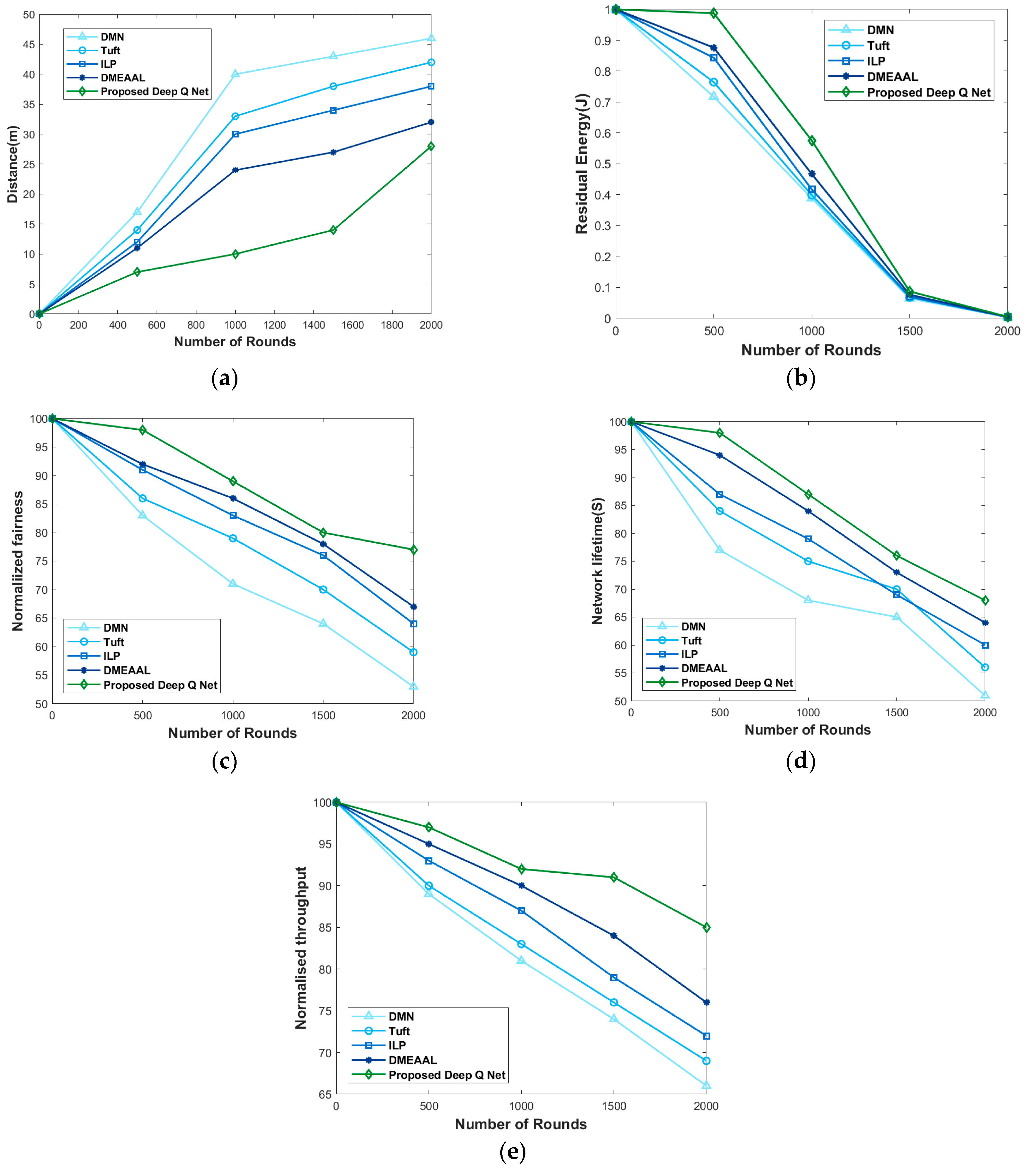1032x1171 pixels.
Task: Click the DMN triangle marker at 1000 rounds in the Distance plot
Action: [235, 74]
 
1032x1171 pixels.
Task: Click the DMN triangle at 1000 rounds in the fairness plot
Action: [233, 583]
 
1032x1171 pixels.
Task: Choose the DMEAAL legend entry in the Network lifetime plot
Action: [704, 668]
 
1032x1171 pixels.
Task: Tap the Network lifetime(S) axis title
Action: [598, 561]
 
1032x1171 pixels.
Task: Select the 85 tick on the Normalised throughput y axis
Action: [325, 927]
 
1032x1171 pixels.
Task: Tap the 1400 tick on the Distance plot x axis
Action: [313, 325]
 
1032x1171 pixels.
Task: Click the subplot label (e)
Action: [512, 1152]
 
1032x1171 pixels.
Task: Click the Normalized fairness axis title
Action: [18, 561]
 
